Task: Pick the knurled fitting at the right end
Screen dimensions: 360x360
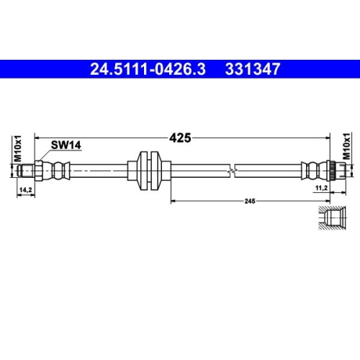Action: pos(333,171)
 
